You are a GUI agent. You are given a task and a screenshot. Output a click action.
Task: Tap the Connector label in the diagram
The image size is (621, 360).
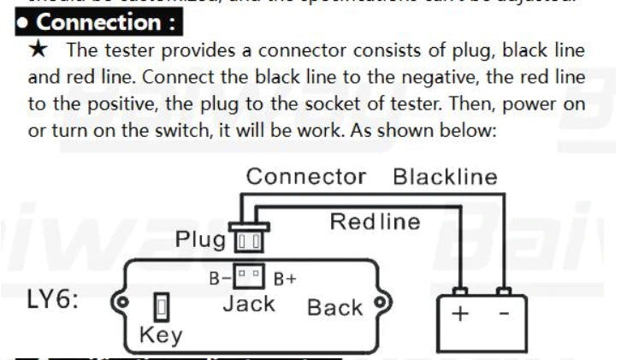tap(305, 177)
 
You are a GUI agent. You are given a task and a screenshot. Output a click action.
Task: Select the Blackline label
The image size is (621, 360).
tap(444, 177)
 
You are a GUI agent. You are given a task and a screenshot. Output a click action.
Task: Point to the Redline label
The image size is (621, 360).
tap(375, 222)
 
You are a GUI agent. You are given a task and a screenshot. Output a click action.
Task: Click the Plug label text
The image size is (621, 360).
tap(200, 239)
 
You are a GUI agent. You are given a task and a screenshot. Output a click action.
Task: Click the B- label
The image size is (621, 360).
tap(220, 278)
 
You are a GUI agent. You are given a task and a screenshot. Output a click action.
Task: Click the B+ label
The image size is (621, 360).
tap(285, 278)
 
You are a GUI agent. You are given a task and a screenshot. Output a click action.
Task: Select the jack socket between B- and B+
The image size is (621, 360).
tap(251, 277)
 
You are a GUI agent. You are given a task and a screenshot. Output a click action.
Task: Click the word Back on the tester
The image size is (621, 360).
tap(334, 307)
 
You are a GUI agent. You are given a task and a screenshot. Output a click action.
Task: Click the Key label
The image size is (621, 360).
tap(160, 334)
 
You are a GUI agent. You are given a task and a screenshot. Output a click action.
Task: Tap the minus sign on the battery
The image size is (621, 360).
tap(503, 314)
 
